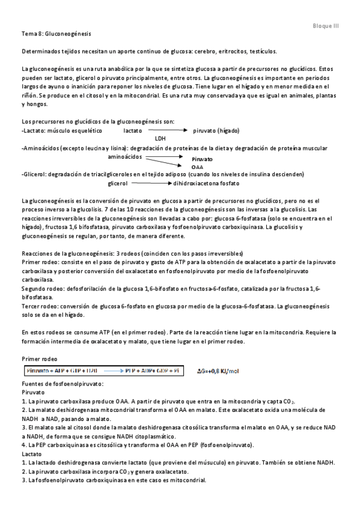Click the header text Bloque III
(326, 26)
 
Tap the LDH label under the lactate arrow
(160, 138)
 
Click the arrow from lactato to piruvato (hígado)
(166, 130)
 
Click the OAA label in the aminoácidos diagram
(197, 167)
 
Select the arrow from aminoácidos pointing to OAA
(166, 161)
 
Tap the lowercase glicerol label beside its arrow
(118, 183)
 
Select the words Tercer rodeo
(38, 306)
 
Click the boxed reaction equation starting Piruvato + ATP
(101, 370)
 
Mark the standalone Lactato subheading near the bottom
(31, 453)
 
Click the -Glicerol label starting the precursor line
(33, 174)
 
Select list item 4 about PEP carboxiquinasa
(138, 445)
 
